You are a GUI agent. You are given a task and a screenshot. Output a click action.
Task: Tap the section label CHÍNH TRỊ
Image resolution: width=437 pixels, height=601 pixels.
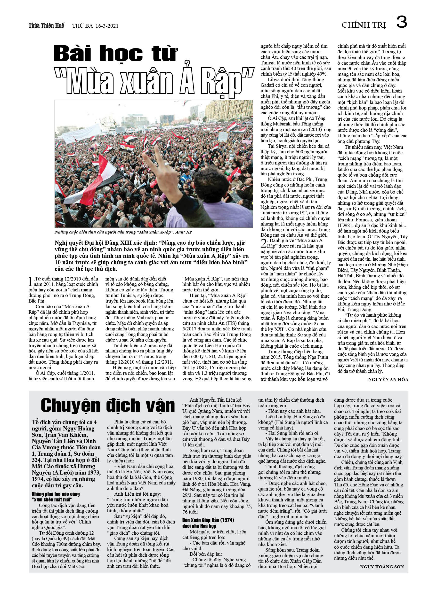click(364, 25)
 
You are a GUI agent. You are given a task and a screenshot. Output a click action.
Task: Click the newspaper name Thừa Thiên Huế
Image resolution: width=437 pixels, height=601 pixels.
click(46, 25)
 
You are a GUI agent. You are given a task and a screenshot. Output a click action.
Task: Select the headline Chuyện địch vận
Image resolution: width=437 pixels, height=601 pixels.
click(108, 406)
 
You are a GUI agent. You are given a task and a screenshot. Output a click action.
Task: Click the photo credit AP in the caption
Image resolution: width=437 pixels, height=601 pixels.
click(189, 232)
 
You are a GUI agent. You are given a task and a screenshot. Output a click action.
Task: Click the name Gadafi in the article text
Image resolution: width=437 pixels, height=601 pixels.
click(268, 85)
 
